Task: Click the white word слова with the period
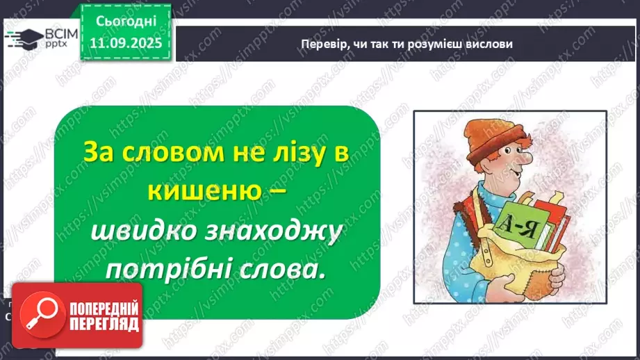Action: click(x=279, y=270)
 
